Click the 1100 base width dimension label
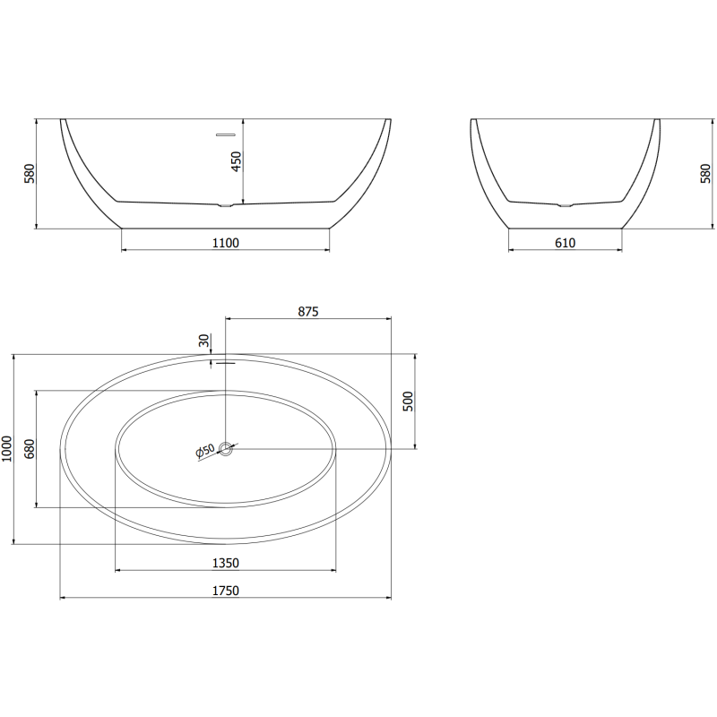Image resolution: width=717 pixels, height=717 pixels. click(x=226, y=242)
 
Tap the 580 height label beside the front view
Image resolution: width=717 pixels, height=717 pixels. click(x=29, y=172)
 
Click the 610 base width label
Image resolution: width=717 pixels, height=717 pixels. click(x=564, y=242)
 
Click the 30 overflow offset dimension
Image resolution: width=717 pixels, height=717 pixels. click(x=204, y=341)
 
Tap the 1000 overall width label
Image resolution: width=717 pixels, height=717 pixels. click(x=8, y=448)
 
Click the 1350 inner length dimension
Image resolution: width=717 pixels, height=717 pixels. click(x=225, y=563)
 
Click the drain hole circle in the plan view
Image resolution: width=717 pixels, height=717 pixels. click(x=226, y=448)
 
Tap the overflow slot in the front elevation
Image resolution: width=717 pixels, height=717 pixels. click(x=224, y=134)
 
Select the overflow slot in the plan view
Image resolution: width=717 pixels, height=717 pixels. click(x=224, y=363)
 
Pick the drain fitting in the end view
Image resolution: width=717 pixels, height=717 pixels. click(x=565, y=206)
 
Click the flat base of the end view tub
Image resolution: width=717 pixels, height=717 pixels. click(x=565, y=228)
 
